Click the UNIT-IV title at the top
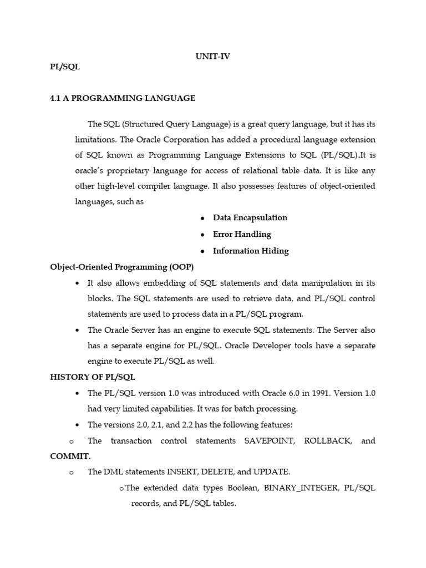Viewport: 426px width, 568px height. [x=212, y=56]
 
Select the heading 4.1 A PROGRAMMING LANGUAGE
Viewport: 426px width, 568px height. [x=123, y=98]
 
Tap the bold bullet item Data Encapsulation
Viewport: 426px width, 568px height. [x=250, y=217]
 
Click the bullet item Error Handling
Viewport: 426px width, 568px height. [x=242, y=234]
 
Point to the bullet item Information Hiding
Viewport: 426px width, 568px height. [x=251, y=251]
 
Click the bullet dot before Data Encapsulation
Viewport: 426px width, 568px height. [x=202, y=218]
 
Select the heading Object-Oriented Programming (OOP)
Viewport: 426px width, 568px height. [x=122, y=267]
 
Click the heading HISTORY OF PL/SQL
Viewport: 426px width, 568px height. [x=93, y=377]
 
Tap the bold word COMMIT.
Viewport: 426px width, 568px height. [x=70, y=456]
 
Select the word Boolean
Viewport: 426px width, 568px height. [x=243, y=488]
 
